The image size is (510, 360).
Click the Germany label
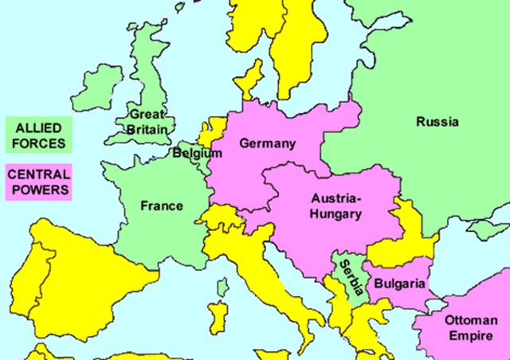pyautogui.click(x=267, y=144)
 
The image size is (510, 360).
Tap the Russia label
pyautogui.click(x=437, y=122)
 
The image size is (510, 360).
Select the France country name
pyautogui.click(x=161, y=205)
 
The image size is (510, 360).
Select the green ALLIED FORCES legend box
pyautogui.click(x=38, y=135)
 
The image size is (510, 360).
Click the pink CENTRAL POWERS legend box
pyautogui.click(x=38, y=182)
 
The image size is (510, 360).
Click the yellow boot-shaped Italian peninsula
pyautogui.click(x=271, y=287)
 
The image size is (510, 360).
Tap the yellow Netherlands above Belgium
pyautogui.click(x=214, y=130)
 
